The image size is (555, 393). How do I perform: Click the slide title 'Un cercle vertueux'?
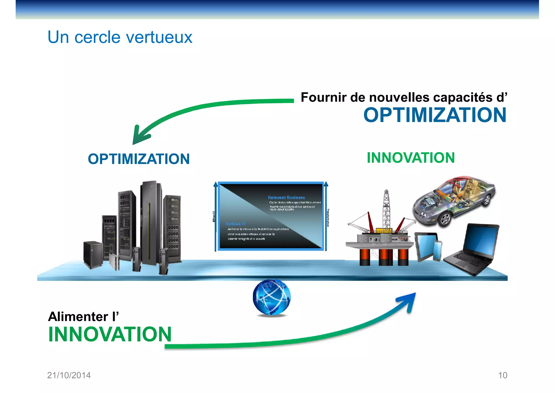[x=120, y=37]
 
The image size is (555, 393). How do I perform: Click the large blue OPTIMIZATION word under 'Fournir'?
[x=435, y=115]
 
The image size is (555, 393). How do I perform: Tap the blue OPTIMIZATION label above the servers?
[x=138, y=159]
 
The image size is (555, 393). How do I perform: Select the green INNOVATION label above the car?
[x=411, y=158]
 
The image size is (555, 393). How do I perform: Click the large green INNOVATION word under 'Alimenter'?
[x=110, y=334]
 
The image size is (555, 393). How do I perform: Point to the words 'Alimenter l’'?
[x=83, y=316]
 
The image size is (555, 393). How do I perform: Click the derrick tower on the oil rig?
[x=386, y=209]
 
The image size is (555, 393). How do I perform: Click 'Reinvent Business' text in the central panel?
[x=286, y=198]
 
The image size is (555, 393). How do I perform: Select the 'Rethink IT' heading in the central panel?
[x=235, y=224]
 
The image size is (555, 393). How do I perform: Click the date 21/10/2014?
[x=69, y=375]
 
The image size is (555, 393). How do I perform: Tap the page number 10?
[x=502, y=375]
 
